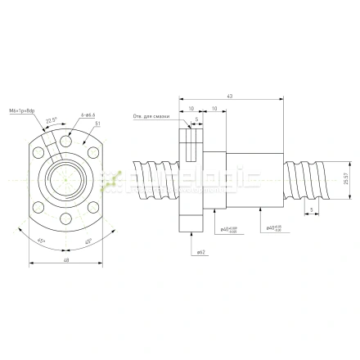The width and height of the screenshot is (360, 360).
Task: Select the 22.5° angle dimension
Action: pyautogui.click(x=51, y=120)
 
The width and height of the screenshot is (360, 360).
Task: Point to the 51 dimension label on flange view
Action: pyautogui.click(x=98, y=123)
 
